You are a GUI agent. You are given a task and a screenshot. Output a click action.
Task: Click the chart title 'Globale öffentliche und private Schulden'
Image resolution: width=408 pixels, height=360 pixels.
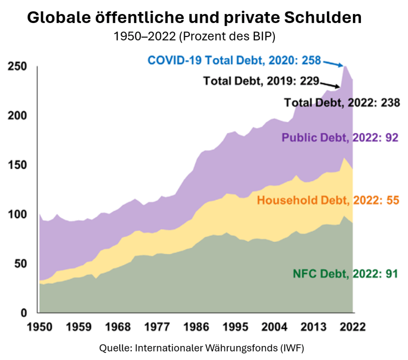(194, 18)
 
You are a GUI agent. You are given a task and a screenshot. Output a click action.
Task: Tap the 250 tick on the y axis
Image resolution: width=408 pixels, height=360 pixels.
(17, 67)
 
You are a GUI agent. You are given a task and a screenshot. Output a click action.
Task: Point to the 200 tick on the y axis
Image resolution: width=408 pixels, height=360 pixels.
(17, 116)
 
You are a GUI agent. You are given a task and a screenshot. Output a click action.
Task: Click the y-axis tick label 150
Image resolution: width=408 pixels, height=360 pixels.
(17, 165)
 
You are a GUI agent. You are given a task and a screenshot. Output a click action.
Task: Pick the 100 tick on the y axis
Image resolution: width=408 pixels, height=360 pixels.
(17, 214)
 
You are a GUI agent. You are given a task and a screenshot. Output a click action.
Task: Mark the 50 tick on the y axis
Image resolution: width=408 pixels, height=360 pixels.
(20, 264)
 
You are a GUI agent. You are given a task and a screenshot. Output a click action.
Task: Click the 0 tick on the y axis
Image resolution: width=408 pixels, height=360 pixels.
(23, 313)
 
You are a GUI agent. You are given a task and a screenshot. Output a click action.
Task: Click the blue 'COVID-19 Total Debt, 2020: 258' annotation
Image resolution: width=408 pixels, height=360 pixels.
(234, 60)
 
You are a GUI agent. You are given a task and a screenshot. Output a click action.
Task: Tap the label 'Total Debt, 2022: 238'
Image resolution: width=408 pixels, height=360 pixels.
(342, 103)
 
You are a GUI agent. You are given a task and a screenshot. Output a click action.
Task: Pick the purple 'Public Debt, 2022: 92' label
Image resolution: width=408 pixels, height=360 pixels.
(340, 137)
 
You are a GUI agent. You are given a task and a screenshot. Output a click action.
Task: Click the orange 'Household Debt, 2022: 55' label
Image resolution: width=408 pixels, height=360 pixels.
(327, 200)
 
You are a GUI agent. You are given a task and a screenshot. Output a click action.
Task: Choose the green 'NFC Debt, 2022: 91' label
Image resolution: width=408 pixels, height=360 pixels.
(345, 273)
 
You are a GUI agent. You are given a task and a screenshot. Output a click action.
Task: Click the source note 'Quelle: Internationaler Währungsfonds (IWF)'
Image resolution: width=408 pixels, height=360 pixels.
(202, 347)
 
